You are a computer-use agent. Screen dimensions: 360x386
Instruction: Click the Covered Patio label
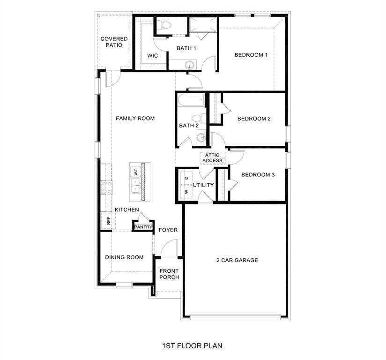114,42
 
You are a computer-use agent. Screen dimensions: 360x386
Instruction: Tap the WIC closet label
152,56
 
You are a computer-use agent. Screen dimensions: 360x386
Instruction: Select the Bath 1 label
186,48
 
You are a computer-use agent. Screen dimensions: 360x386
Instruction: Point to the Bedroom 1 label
251,55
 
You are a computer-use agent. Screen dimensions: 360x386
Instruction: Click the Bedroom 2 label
254,119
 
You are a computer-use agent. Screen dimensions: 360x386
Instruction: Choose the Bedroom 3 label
258,175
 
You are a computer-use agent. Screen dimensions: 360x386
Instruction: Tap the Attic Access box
212,158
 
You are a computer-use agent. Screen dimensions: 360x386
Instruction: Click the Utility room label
203,185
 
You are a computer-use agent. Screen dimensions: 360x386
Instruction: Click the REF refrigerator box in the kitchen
108,220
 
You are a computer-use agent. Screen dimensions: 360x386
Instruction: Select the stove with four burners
107,187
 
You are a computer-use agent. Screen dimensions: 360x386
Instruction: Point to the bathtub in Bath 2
191,100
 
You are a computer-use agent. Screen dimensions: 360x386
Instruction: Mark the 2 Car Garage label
237,260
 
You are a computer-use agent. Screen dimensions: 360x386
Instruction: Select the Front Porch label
169,274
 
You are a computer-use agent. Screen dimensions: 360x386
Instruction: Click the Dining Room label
124,257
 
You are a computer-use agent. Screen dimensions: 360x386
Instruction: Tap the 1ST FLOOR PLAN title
192,346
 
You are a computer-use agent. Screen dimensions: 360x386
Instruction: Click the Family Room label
135,119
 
